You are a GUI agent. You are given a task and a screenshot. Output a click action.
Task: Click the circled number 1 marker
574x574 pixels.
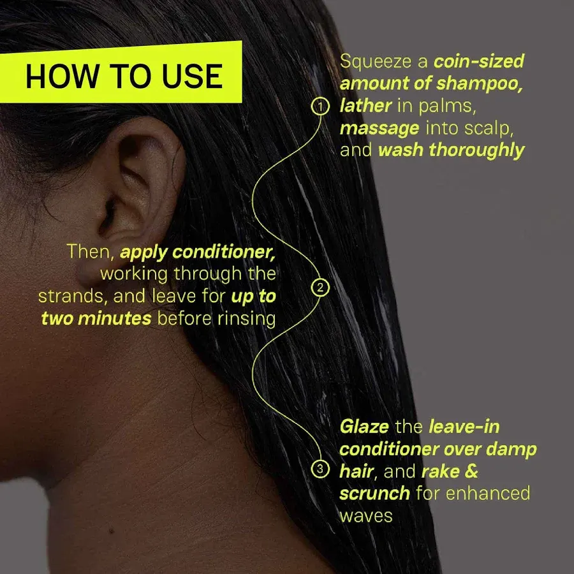coord(320,106)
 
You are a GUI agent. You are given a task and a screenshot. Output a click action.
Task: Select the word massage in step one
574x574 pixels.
coord(379,128)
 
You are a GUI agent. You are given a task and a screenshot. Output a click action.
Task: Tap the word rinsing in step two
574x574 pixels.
coord(248,318)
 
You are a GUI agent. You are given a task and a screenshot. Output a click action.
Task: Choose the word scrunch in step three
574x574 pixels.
coord(374,493)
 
